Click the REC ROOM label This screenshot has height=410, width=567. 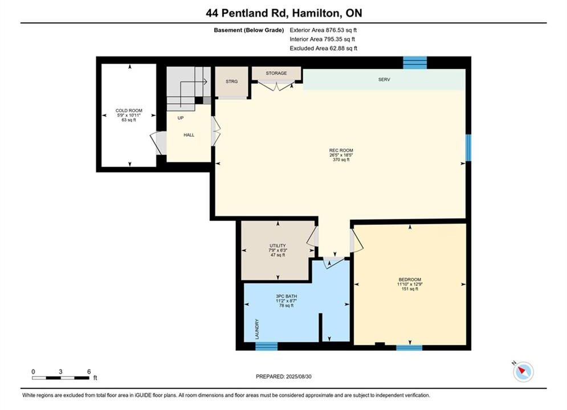pyautogui.click(x=341, y=150)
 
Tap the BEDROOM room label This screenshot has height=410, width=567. pyautogui.click(x=410, y=280)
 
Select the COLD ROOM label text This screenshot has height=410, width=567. pyautogui.click(x=129, y=110)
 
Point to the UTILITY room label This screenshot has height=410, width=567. pyautogui.click(x=278, y=245)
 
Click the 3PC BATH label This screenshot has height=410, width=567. pyautogui.click(x=287, y=296)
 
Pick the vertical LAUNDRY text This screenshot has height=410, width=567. pyautogui.click(x=257, y=329)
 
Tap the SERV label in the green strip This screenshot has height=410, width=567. pyautogui.click(x=384, y=80)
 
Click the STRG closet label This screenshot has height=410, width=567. pyautogui.click(x=231, y=81)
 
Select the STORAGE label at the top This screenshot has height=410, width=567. pyautogui.click(x=276, y=73)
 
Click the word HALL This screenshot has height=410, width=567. pyautogui.click(x=189, y=135)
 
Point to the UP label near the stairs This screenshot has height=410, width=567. pyautogui.click(x=181, y=118)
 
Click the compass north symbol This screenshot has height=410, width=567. pyautogui.click(x=523, y=371)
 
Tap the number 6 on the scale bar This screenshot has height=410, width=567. pyautogui.click(x=89, y=371)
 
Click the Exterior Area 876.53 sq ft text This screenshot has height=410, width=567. pyautogui.click(x=323, y=30)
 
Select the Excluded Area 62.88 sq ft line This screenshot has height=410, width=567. pyautogui.click(x=323, y=48)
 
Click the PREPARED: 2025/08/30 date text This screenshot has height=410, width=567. pyautogui.click(x=284, y=376)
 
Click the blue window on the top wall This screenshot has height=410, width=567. pyautogui.click(x=415, y=63)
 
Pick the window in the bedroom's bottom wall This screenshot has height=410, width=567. pyautogui.click(x=409, y=348)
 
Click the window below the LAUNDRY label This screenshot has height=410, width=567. pyautogui.click(x=267, y=346)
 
